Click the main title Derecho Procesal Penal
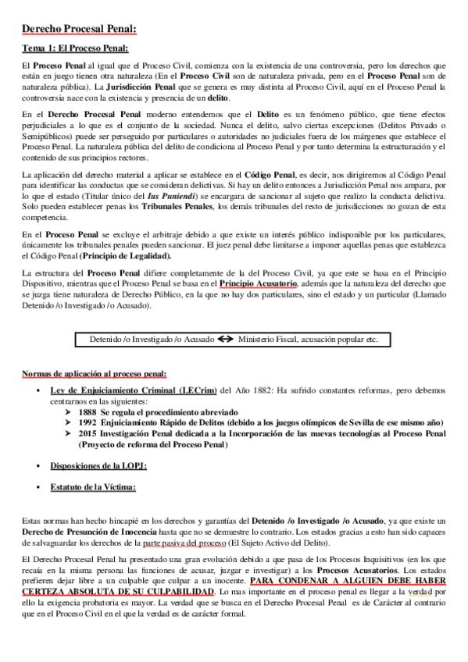(x=79, y=30)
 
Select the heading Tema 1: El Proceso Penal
(x=75, y=49)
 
